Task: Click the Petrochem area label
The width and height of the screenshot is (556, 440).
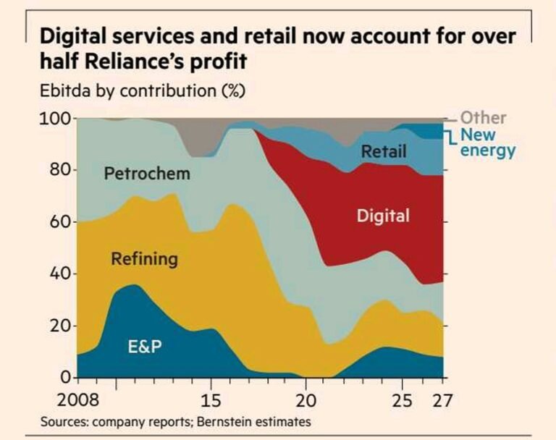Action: tap(147, 174)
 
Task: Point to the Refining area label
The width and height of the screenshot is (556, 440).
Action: tap(144, 258)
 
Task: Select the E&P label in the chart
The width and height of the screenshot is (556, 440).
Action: tap(144, 347)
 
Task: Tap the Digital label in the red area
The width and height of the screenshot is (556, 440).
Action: tap(383, 216)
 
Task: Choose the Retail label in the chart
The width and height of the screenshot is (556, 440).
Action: tap(384, 152)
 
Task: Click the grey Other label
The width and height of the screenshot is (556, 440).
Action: tap(483, 117)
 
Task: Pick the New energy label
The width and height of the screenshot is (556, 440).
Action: tap(487, 143)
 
